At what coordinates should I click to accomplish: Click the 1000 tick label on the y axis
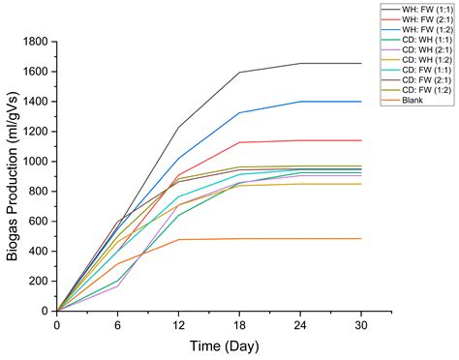pyautogui.click(x=37, y=162)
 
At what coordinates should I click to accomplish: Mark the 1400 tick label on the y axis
pyautogui.click(x=37, y=102)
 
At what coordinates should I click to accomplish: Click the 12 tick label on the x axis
pyautogui.click(x=178, y=325)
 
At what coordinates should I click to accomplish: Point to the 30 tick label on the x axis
pyautogui.click(x=361, y=325)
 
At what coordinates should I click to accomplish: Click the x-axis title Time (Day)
pyautogui.click(x=209, y=345)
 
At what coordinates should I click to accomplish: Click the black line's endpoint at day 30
pyautogui.click(x=361, y=63)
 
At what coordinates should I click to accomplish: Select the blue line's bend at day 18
pyautogui.click(x=239, y=112)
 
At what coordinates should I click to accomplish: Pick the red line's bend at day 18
pyautogui.click(x=239, y=142)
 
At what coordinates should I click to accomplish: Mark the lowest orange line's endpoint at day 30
pyautogui.click(x=361, y=239)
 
